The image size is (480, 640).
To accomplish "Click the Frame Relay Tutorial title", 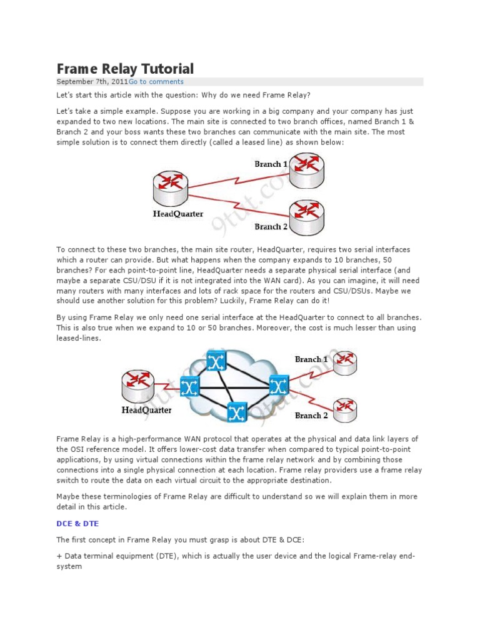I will pos(125,68).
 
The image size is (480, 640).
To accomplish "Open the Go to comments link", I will pos(156,82).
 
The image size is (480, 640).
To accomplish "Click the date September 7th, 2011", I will pos(92,82).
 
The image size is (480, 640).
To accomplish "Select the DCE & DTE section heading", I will pos(77,523).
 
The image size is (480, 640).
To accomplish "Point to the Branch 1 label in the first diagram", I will pos(271,164).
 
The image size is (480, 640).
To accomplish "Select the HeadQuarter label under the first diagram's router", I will pos(178,214).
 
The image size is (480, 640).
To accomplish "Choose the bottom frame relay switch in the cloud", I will pos(236,412).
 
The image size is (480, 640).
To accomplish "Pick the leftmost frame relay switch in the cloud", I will pos(189,387).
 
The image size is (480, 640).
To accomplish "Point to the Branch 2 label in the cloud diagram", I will pos(311,416).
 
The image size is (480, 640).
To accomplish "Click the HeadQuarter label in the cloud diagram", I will pos(146,411).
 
